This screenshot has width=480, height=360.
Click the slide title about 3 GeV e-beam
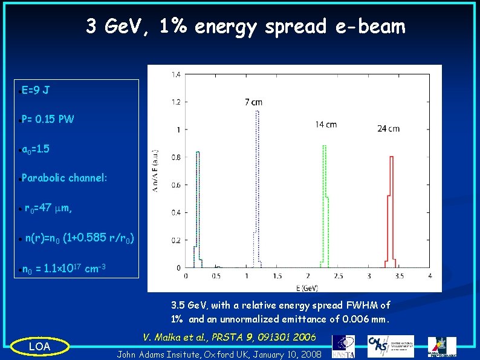(x=245, y=27)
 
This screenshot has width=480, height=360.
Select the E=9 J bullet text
(x=36, y=91)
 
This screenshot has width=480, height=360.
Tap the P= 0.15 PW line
(x=48, y=119)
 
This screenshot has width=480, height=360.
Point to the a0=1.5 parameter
(x=36, y=149)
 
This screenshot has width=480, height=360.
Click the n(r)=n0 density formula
(x=75, y=238)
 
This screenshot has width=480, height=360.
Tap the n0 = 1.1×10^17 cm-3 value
(x=64, y=269)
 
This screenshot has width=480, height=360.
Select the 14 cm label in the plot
(x=326, y=125)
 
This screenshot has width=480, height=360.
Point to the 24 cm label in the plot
(x=388, y=128)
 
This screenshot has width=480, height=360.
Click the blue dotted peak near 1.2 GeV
(x=258, y=182)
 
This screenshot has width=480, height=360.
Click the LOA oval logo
(x=39, y=346)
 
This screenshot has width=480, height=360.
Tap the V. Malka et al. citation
(x=229, y=336)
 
